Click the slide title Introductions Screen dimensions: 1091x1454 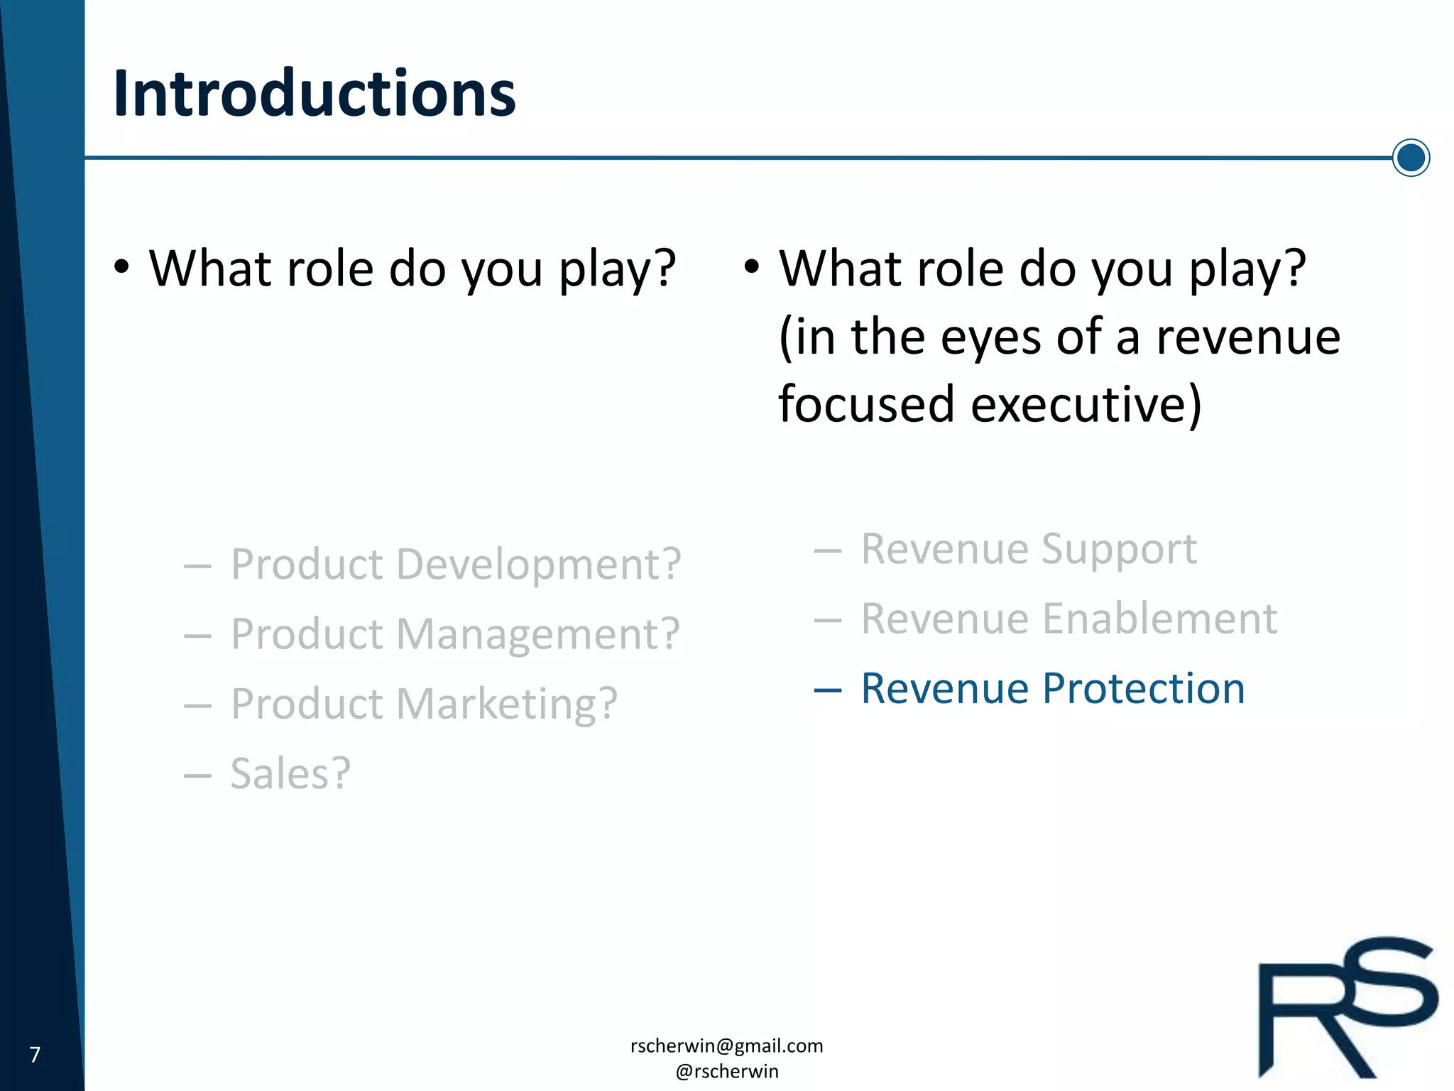[314, 94]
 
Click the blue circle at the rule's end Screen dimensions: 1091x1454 [1410, 158]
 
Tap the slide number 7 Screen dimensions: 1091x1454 [35, 1054]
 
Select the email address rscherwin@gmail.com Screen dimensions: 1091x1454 [726, 1046]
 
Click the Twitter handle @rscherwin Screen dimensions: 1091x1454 [726, 1071]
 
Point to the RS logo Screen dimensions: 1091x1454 [1347, 1007]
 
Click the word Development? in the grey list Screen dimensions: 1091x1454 [538, 565]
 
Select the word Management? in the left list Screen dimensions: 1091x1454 [537, 634]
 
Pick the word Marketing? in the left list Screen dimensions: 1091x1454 [506, 704]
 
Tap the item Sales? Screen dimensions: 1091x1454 [290, 773]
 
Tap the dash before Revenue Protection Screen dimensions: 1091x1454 [827, 690]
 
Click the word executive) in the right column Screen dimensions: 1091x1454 [1086, 404]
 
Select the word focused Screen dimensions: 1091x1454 [866, 404]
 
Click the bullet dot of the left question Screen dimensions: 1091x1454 [122, 268]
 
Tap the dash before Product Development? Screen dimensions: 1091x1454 [197, 566]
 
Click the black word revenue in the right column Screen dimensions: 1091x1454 [1247, 337]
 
